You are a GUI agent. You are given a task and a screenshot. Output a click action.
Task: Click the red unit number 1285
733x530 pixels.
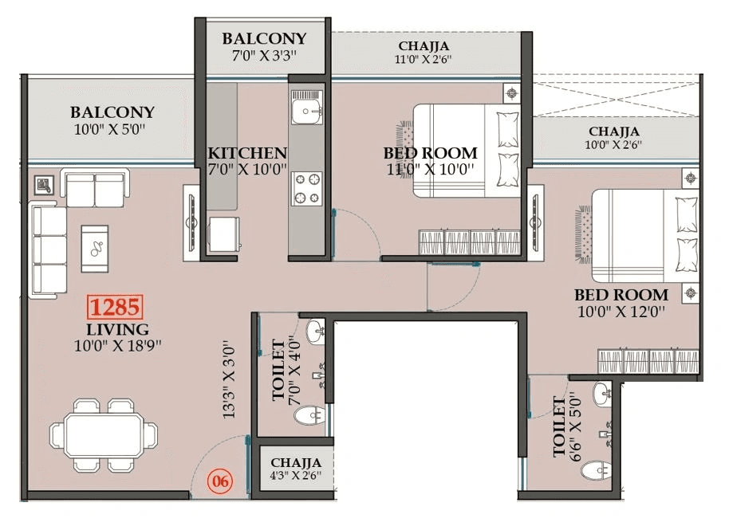coord(115,307)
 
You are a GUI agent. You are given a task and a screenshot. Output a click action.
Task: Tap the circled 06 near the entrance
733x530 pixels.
coord(220,481)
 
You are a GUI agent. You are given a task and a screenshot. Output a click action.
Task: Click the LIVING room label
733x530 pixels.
coord(117,329)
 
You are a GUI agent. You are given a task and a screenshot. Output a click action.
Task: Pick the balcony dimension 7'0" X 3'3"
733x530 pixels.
coord(264,56)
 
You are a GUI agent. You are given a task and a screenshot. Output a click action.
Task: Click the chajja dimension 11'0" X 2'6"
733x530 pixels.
coord(424,60)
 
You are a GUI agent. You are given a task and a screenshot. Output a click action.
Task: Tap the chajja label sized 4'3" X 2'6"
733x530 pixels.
coord(296,477)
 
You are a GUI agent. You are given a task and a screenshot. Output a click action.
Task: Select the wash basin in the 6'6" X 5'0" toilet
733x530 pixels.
coord(602,393)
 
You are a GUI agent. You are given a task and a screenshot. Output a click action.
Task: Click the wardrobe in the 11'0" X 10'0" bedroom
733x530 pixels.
coord(471,241)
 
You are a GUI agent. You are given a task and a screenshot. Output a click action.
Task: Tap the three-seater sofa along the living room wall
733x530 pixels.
coord(49,249)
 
